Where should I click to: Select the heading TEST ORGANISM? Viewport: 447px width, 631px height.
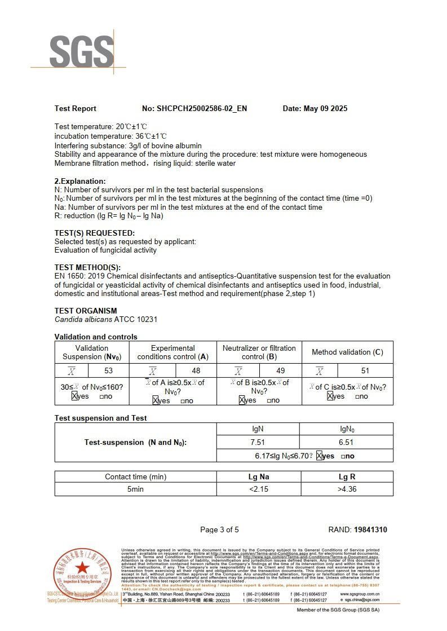(x=86, y=311)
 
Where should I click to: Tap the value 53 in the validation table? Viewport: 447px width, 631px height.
(x=109, y=370)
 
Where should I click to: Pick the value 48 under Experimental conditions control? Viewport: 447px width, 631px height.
(x=196, y=370)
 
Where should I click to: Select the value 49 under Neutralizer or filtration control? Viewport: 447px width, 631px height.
(x=281, y=370)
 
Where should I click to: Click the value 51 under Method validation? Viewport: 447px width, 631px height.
(x=365, y=370)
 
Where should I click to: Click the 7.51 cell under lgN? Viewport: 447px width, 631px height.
(x=257, y=443)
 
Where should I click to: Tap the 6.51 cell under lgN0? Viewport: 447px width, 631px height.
(x=346, y=443)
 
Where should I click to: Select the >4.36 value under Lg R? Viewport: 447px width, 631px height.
(x=347, y=489)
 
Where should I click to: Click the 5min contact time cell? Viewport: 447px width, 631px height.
(x=135, y=489)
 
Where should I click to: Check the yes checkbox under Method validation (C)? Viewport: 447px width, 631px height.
(x=330, y=396)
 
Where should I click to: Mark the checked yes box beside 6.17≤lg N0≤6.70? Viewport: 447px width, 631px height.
(x=319, y=456)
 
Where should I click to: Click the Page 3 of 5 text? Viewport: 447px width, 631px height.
(x=220, y=529)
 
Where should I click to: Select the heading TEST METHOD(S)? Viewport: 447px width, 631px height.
(x=87, y=267)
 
